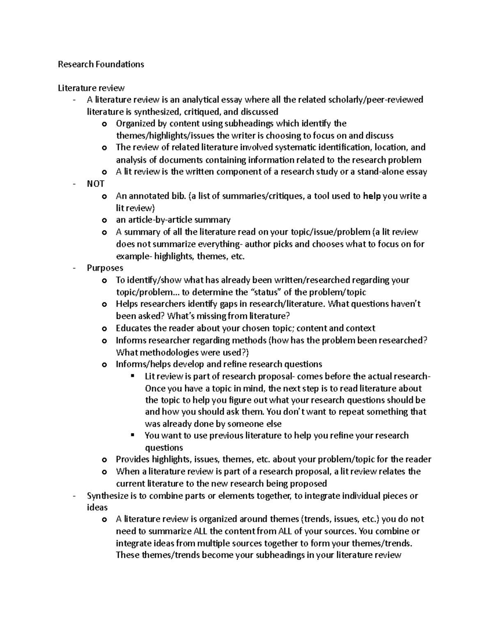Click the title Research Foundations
(101, 64)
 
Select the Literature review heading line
(91, 88)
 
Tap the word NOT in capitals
(95, 184)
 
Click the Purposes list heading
(105, 268)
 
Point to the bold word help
(372, 196)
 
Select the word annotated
(150, 196)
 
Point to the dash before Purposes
(74, 268)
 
